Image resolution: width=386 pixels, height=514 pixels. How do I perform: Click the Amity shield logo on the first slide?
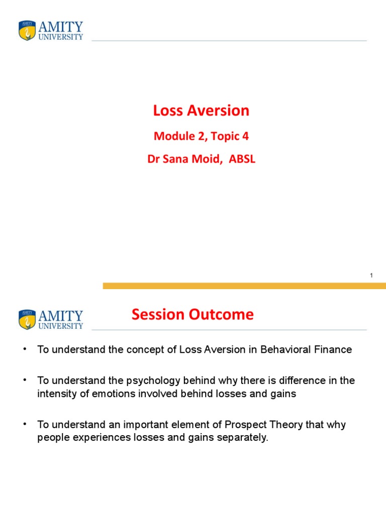27,30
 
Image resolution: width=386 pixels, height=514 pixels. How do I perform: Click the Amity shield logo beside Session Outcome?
27,320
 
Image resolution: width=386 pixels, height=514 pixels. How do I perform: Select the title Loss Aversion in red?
201,110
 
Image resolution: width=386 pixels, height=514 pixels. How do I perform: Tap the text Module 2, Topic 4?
201,136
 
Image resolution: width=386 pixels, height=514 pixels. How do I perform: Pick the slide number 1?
371,276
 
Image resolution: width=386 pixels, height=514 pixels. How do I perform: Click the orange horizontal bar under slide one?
244,286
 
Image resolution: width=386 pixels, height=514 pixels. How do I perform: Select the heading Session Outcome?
192,315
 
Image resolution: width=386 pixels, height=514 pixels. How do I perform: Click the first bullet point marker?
24,349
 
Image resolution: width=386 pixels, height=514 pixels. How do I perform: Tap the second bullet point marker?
24,380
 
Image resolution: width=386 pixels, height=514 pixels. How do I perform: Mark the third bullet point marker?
24,425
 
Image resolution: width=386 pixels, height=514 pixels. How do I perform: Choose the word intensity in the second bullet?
54,394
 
